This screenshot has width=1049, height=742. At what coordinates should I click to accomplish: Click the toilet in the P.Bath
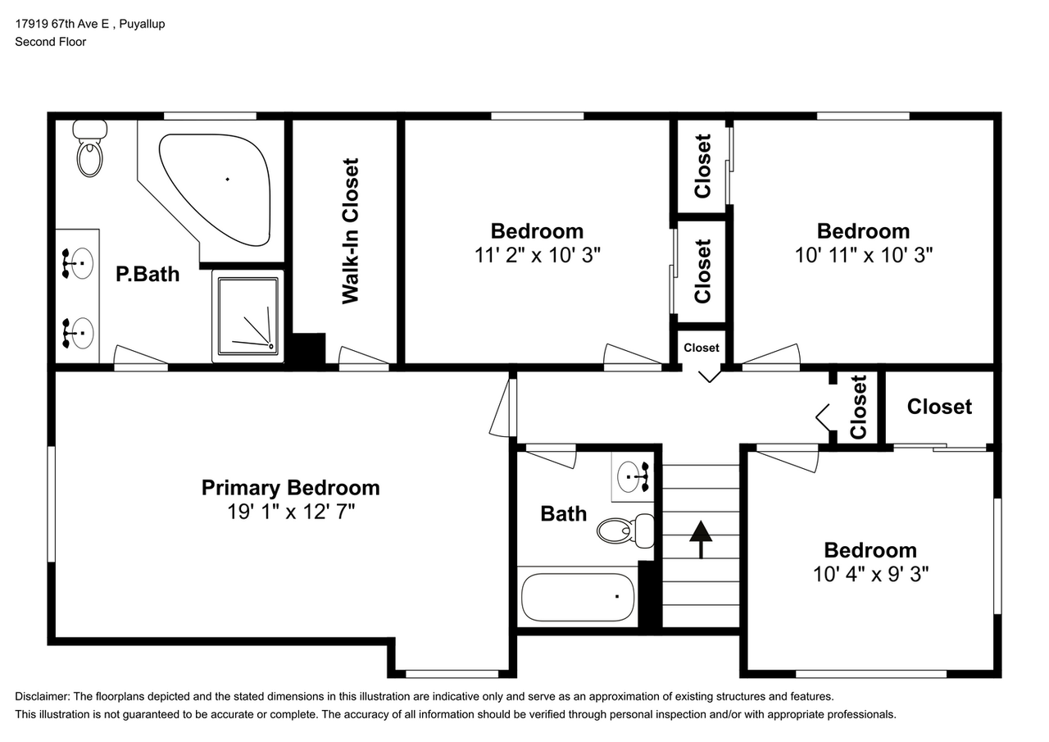[x=90, y=148]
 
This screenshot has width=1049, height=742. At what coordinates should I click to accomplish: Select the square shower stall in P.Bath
[x=247, y=316]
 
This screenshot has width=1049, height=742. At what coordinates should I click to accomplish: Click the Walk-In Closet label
[x=350, y=231]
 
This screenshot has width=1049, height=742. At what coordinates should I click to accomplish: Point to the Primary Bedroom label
[x=290, y=488]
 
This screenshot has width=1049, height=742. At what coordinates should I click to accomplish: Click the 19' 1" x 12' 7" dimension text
[x=291, y=512]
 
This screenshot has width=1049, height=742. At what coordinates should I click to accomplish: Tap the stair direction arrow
[x=701, y=539]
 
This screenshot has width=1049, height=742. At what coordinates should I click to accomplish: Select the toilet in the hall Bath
[x=625, y=530]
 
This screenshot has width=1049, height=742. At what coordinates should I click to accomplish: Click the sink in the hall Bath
[x=633, y=477]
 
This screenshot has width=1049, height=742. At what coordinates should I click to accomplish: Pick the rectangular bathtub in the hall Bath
[x=578, y=597]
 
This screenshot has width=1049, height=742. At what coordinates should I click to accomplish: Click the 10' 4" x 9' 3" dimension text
[x=870, y=574]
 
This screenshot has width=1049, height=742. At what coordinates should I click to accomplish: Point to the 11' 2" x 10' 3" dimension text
[x=537, y=255]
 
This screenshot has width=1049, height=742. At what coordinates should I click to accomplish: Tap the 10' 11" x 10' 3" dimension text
[x=864, y=255]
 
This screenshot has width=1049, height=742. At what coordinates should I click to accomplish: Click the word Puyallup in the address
[x=142, y=25]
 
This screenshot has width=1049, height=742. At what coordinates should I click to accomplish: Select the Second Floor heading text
[x=51, y=42]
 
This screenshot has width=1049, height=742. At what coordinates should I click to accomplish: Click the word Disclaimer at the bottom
[x=42, y=697]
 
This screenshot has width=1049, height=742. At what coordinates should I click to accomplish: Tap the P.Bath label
[x=148, y=274]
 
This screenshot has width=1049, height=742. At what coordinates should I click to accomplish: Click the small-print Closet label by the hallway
[x=701, y=348]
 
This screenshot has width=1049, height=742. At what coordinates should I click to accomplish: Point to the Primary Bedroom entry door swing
[x=503, y=407]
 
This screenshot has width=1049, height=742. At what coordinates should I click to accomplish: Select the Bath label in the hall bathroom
[x=563, y=514]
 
